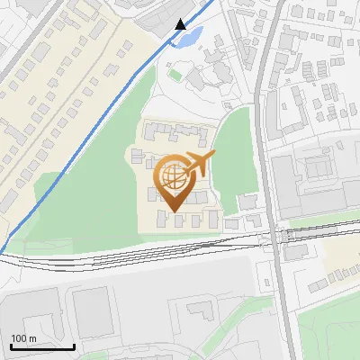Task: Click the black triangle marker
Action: pyautogui.click(x=180, y=24)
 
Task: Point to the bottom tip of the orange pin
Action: pyautogui.click(x=173, y=211)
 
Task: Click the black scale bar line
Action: pyautogui.click(x=41, y=346)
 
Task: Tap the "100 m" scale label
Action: pyautogui.click(x=23, y=338)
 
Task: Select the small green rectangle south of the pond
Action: pyautogui.click(x=176, y=74)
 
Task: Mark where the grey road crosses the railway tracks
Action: pyautogui.click(x=274, y=236)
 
